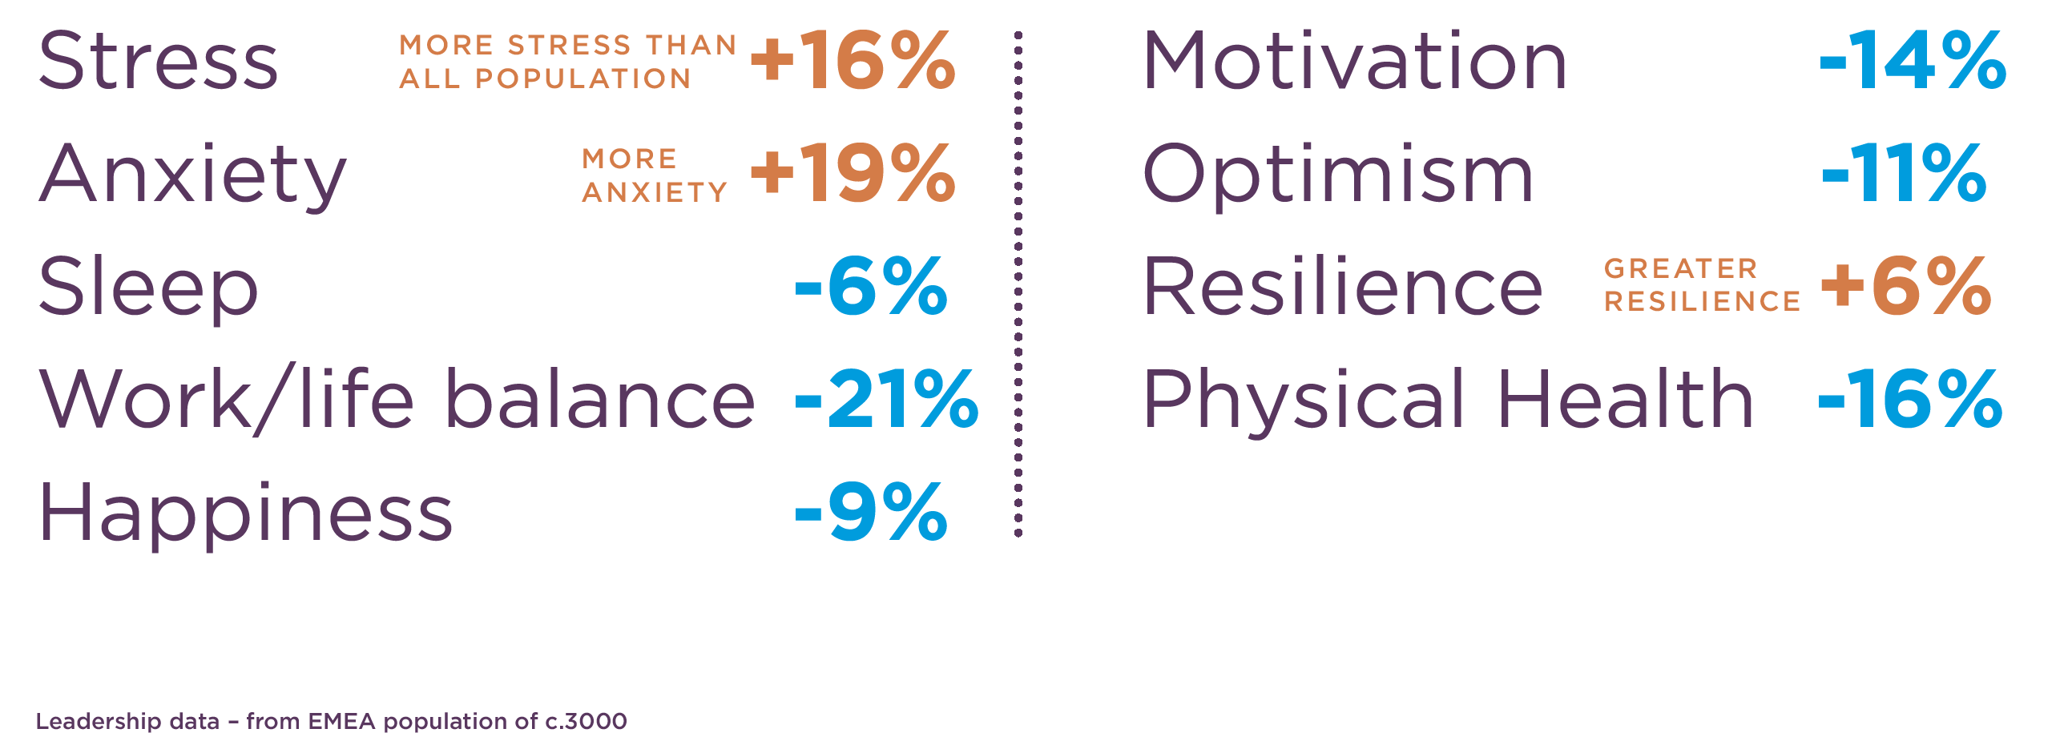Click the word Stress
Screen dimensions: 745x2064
click(158, 61)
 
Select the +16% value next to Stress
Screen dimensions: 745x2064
click(853, 61)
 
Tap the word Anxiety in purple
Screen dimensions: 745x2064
click(193, 175)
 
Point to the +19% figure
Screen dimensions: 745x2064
click(853, 174)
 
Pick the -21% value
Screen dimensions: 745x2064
click(886, 400)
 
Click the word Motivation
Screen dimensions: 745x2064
click(1354, 61)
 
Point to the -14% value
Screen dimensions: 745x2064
click(1912, 61)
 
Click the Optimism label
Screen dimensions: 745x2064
click(1337, 175)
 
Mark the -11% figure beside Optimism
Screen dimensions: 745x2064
click(1904, 174)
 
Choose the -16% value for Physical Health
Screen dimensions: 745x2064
click(1909, 400)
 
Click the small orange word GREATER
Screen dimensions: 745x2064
click(1681, 268)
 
